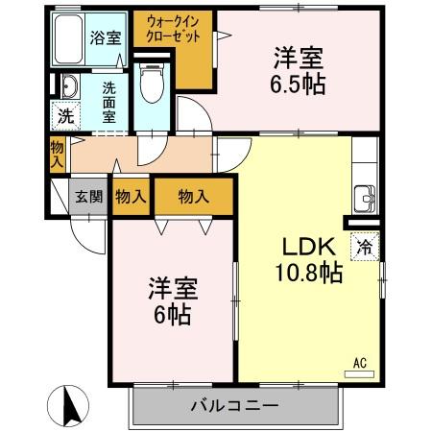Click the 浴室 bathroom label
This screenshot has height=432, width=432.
[105, 39]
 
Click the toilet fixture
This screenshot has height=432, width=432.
[151, 85]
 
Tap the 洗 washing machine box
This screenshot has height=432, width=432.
[62, 116]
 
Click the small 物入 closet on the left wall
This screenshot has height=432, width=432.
[57, 154]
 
